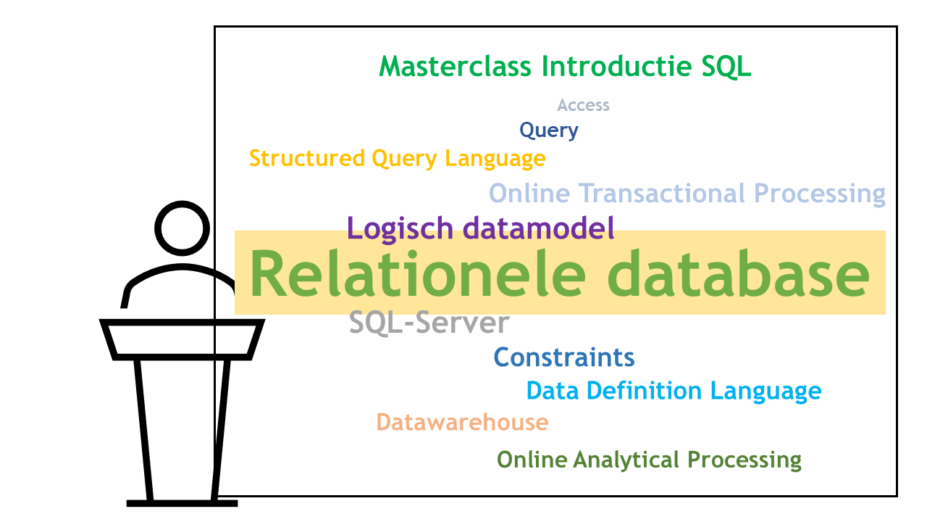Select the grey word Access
583,105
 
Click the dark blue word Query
549,130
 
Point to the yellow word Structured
307,158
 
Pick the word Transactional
662,194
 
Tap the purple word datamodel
538,228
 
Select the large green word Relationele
417,273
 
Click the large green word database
739,273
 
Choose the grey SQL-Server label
429,323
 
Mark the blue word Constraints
564,357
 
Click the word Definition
645,391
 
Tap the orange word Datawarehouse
462,422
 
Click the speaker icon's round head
182,202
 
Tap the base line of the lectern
182,503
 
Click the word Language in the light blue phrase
766,391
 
